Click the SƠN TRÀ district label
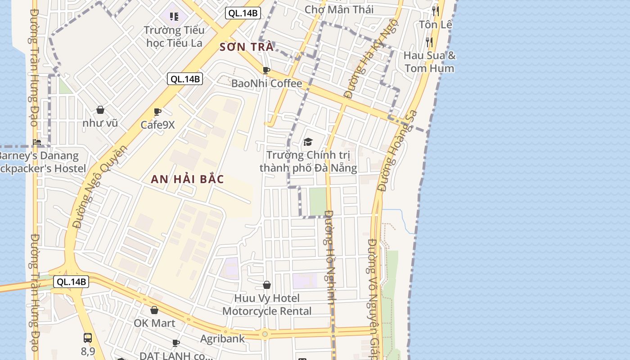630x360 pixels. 246,47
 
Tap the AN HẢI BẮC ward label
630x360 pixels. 187,179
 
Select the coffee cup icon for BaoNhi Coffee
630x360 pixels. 266,70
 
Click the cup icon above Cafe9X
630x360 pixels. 157,112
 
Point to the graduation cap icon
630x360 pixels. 308,142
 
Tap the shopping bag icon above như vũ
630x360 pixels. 100,110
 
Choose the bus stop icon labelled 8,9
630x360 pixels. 88,337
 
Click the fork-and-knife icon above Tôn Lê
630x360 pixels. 435,11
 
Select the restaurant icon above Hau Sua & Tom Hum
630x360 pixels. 429,42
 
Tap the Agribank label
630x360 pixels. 222,338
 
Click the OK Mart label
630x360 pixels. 154,323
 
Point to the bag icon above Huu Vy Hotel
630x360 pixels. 267,285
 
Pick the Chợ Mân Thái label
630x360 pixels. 339,9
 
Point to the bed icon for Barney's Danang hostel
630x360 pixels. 37,142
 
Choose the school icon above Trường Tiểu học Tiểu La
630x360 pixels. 174,17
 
